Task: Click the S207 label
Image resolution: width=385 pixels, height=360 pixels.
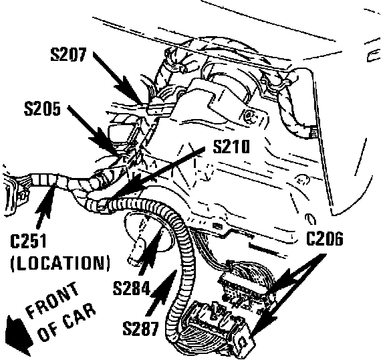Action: [x=68, y=54]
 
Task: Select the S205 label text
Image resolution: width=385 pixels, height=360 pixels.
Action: [x=42, y=108]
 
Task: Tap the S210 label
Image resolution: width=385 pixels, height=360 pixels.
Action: [x=231, y=147]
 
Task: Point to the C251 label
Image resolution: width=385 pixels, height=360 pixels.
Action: [x=28, y=241]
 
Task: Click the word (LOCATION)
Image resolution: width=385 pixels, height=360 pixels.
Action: [x=60, y=263]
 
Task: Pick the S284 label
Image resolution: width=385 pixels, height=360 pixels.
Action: [x=132, y=288]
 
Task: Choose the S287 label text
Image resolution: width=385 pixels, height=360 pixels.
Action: [x=140, y=329]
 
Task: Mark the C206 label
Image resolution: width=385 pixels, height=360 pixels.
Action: [x=325, y=238]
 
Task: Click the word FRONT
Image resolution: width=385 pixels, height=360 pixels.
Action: [x=53, y=300]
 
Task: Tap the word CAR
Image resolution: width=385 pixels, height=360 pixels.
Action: [x=80, y=317]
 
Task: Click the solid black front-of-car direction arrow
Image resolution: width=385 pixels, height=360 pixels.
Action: [x=19, y=336]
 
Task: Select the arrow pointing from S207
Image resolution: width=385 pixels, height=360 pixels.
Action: [x=118, y=79]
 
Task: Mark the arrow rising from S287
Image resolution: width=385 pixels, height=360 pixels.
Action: [x=161, y=292]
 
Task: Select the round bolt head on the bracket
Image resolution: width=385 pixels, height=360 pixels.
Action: [x=249, y=115]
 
